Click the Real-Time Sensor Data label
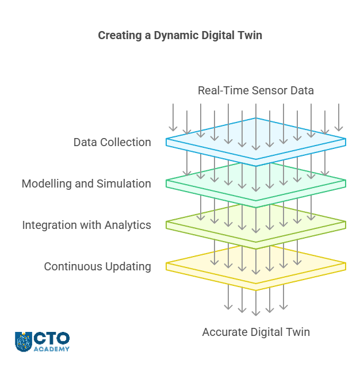coord(256,90)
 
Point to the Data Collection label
coord(112,142)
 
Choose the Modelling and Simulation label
coord(86,183)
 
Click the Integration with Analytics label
coord(87,225)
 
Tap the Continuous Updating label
coord(98,266)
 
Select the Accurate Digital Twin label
coord(256,332)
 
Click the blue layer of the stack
coord(256,142)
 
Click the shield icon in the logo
coord(24,342)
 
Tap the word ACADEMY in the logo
coord(52,349)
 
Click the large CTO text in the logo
coord(52,338)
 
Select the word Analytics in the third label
coord(128,225)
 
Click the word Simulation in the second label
coord(124,183)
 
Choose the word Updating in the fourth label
coord(128,267)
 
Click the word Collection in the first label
coord(125,142)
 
